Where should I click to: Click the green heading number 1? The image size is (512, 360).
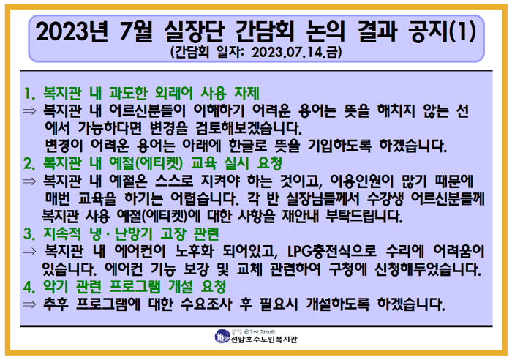(x=29, y=94)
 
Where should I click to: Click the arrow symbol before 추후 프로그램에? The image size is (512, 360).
(x=29, y=303)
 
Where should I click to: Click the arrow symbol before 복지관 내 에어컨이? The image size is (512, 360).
(x=29, y=252)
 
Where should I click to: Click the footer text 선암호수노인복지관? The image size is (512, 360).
(x=263, y=340)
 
